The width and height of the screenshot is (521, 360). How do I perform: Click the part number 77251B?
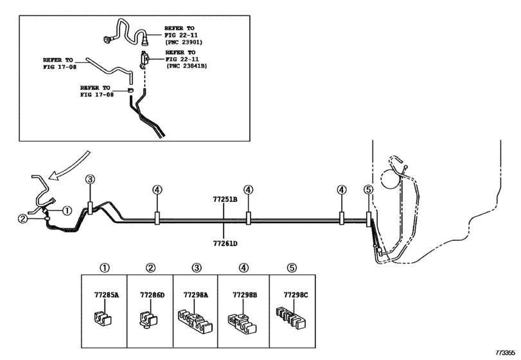[225, 200]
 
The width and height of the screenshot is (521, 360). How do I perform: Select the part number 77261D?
[225, 244]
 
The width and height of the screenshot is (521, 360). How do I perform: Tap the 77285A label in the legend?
[107, 295]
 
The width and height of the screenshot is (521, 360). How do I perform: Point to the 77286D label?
[152, 295]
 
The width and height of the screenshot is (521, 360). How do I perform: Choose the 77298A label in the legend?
[196, 295]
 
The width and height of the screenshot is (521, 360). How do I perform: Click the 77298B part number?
[245, 295]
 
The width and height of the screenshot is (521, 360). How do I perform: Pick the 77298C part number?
[296, 295]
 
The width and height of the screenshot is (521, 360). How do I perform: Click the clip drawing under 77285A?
[102, 318]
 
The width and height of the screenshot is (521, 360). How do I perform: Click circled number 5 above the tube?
[368, 190]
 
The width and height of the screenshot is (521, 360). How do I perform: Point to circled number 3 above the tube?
[90, 179]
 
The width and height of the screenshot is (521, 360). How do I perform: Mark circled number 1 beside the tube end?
[67, 210]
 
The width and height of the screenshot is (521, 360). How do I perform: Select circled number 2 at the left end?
[22, 219]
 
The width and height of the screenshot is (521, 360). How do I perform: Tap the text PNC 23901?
[184, 42]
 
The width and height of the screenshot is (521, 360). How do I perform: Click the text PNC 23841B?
[186, 66]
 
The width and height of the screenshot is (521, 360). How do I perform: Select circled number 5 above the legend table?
[292, 268]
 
